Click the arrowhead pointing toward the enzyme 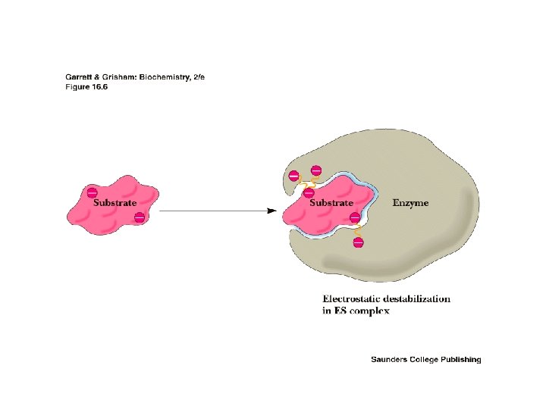(271, 211)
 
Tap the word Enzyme (410, 203)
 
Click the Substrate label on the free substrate (115, 203)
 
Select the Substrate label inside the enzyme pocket (331, 203)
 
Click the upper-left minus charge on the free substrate (92, 192)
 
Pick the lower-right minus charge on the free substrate (140, 218)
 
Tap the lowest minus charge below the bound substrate (358, 242)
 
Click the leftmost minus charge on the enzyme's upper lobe (293, 176)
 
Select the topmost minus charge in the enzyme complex (316, 170)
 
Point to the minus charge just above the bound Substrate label (309, 192)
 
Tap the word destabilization (419, 298)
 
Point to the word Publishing (460, 360)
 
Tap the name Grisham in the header (118, 77)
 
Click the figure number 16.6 (98, 86)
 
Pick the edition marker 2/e (199, 77)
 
